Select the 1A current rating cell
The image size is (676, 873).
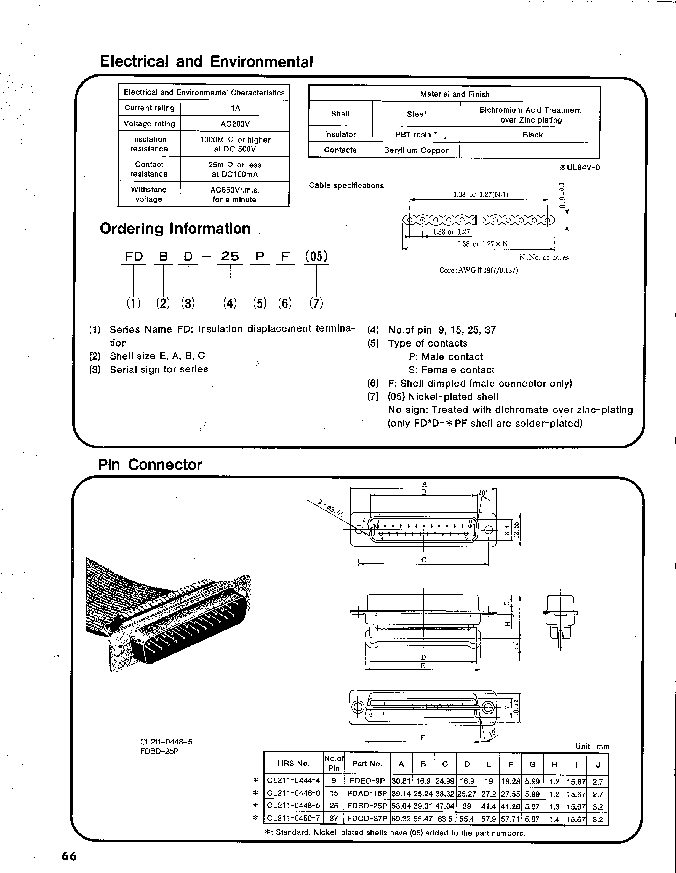(x=235, y=108)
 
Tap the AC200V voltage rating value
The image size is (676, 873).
(x=235, y=124)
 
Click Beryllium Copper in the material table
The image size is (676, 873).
(x=416, y=151)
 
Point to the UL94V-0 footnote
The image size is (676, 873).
(x=579, y=167)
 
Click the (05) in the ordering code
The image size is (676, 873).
(x=316, y=256)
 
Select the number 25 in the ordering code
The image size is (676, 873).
(x=230, y=256)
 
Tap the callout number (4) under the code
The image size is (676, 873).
(x=230, y=303)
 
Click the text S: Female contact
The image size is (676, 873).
(x=451, y=370)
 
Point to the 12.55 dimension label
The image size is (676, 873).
(x=516, y=530)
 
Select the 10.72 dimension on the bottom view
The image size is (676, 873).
(x=516, y=708)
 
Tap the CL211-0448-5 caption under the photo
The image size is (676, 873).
(x=166, y=742)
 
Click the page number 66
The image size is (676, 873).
(x=69, y=856)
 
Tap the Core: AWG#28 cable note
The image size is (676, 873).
(x=478, y=271)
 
